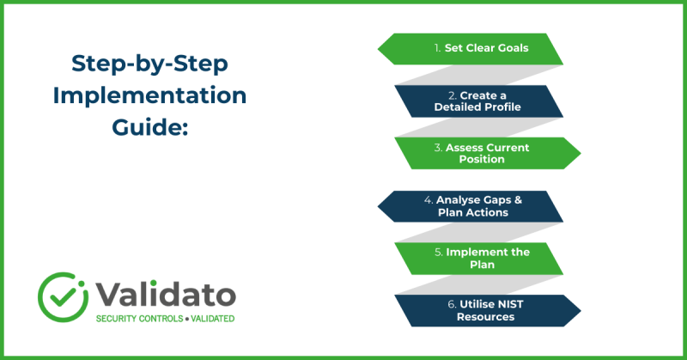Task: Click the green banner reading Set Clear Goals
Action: (x=471, y=49)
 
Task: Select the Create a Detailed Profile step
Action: (x=478, y=101)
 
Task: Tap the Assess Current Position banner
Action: (x=486, y=153)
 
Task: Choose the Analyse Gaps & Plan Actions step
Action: (x=471, y=206)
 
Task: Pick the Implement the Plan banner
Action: (x=478, y=259)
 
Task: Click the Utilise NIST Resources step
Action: (x=486, y=311)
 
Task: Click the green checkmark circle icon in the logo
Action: (x=59, y=294)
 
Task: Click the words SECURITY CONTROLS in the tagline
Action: (x=136, y=319)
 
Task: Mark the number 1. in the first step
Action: (x=436, y=48)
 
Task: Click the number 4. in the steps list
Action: (x=428, y=200)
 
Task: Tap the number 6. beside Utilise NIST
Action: (x=444, y=305)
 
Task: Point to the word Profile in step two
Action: (x=501, y=107)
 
